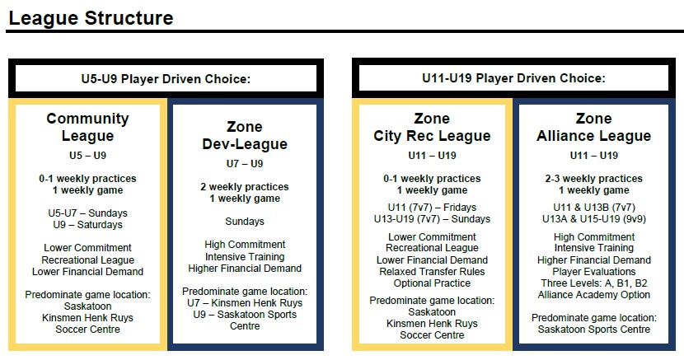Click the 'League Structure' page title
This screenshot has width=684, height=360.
(x=91, y=18)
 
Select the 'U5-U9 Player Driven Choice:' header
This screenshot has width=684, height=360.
(x=166, y=79)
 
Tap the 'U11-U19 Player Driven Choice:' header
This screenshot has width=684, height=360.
(x=513, y=78)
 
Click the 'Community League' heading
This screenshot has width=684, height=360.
(x=87, y=127)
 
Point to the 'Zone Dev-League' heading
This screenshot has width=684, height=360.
(x=245, y=135)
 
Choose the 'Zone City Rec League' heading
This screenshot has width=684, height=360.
(x=432, y=127)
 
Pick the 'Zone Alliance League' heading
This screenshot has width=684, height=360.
(x=593, y=127)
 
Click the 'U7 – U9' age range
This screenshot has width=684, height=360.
(x=245, y=164)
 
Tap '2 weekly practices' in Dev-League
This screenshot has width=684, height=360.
(x=245, y=187)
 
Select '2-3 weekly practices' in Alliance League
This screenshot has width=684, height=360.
(x=593, y=179)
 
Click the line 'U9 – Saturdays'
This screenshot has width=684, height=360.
(x=87, y=225)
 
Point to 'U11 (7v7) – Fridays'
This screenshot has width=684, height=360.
(x=432, y=208)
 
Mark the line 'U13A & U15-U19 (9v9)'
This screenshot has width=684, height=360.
(x=593, y=219)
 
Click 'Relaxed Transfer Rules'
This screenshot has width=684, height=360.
(x=432, y=272)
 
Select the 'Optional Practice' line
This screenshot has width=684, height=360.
(x=432, y=283)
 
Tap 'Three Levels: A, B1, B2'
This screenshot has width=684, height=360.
(x=593, y=283)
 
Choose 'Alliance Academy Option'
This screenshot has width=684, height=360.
(x=593, y=295)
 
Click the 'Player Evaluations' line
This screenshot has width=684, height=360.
(x=593, y=272)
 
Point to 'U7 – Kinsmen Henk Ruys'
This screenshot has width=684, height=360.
(x=245, y=303)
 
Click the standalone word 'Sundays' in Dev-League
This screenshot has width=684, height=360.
(x=245, y=222)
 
